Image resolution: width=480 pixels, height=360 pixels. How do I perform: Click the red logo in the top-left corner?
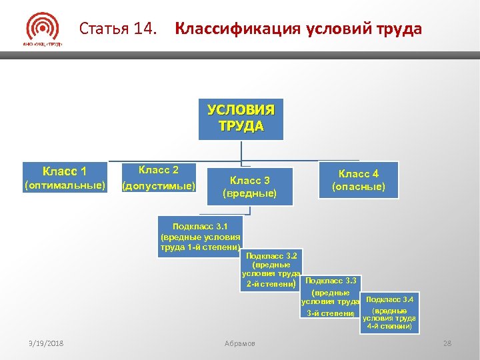42,29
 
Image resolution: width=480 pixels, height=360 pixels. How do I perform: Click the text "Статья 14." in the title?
119,29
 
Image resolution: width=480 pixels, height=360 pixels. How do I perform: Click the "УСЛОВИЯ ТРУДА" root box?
241,119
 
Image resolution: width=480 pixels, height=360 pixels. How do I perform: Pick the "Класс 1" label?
65,171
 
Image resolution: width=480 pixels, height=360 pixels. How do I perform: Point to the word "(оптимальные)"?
65,185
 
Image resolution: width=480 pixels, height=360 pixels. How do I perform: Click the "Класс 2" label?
158,170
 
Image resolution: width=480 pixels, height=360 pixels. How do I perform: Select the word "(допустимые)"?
158,186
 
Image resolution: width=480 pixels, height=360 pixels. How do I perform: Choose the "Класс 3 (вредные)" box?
249,187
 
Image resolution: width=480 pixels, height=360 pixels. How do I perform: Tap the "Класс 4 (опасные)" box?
359,180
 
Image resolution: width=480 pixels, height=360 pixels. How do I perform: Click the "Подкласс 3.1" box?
200,237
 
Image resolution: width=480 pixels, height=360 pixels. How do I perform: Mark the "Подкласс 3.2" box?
271,270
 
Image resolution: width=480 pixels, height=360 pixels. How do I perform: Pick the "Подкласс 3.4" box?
389,313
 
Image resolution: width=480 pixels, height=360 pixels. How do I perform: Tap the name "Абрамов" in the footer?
239,343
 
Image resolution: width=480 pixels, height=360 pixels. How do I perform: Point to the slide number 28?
447,343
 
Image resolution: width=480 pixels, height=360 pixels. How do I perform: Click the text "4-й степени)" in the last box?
389,327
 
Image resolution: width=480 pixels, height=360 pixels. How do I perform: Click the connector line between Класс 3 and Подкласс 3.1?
249,211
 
